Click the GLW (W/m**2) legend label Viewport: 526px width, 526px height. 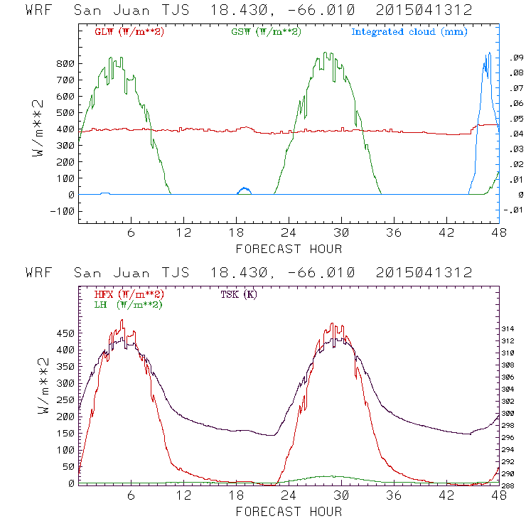[x=129, y=32]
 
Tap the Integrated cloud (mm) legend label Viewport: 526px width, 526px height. [x=409, y=32]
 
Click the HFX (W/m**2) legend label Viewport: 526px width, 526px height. [x=129, y=294]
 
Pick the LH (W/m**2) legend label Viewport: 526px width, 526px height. [x=128, y=304]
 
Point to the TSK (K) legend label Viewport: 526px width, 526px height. [x=239, y=294]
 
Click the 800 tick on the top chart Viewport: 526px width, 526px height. [x=65, y=64]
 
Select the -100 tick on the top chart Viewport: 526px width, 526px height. [x=63, y=211]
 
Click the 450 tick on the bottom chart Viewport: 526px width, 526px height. [x=65, y=333]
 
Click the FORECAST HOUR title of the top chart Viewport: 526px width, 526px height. [x=289, y=249]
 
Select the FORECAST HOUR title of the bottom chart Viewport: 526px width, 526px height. [x=289, y=512]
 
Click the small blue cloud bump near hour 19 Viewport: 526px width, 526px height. [x=245, y=190]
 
